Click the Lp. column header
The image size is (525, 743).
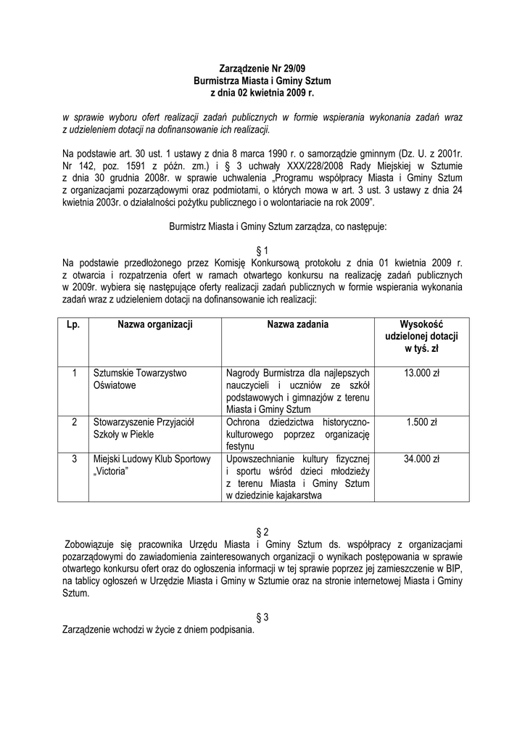click(73, 325)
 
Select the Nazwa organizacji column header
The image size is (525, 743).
click(154, 325)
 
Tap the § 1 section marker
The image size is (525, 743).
click(262, 250)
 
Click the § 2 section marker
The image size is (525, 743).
click(262, 531)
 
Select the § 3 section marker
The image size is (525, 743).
click(262, 617)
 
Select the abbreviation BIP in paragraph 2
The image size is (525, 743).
click(454, 568)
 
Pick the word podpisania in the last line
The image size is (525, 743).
click(231, 630)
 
